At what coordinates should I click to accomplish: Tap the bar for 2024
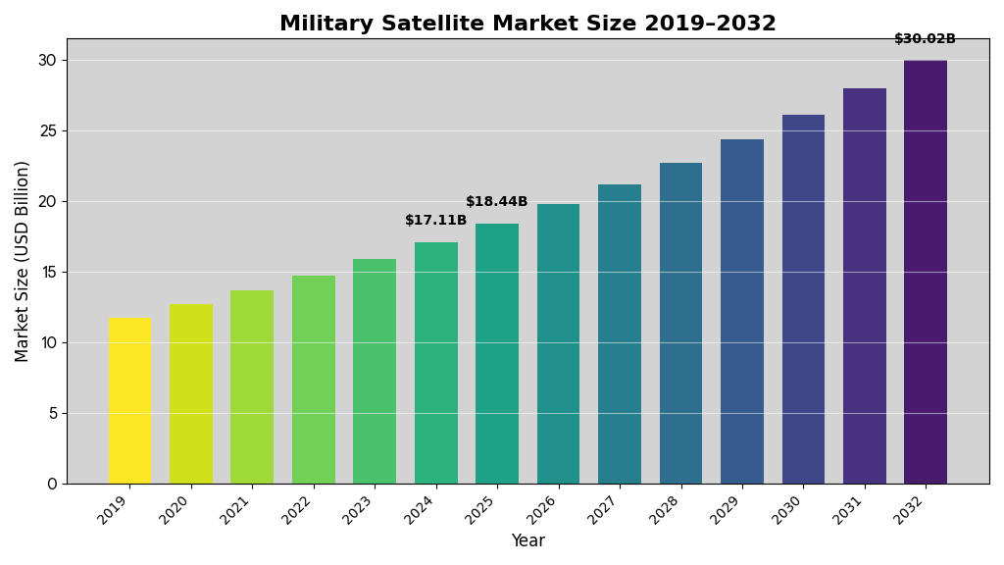coord(436,363)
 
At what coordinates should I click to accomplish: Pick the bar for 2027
coord(620,334)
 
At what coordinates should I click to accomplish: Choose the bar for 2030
coord(803,299)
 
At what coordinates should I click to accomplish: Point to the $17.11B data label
coord(436,221)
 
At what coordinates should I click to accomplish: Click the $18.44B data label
coord(497,202)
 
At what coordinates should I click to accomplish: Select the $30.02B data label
coord(925,39)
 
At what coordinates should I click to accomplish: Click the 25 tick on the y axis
coord(47,130)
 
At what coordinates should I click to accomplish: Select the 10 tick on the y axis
coord(47,342)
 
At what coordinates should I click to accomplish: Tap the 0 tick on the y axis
coord(52,484)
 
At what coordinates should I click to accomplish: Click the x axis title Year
coord(527,541)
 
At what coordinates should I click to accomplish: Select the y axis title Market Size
coord(23,261)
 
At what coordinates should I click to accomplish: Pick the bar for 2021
coord(252,386)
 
